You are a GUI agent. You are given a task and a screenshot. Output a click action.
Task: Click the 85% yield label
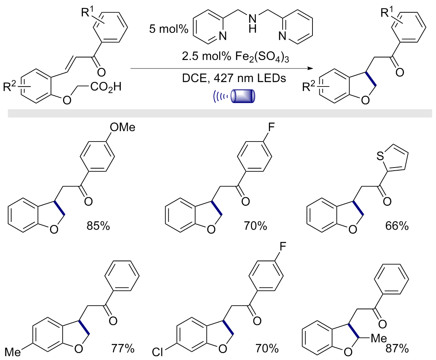point(98,226)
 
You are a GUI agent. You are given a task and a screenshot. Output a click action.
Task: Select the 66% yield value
point(397,226)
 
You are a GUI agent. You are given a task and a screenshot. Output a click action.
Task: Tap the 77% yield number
point(123,348)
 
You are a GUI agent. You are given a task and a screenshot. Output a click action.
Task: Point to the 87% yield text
point(397,349)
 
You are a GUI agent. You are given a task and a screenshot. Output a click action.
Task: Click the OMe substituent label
point(122,127)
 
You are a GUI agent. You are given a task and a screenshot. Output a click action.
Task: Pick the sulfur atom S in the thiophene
point(380,156)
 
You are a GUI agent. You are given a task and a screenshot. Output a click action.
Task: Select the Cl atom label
point(157,352)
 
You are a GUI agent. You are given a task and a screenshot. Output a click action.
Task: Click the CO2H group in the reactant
point(106,87)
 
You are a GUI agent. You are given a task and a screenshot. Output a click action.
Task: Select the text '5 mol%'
point(169,29)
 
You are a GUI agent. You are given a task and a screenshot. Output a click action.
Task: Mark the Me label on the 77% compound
point(13,352)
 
